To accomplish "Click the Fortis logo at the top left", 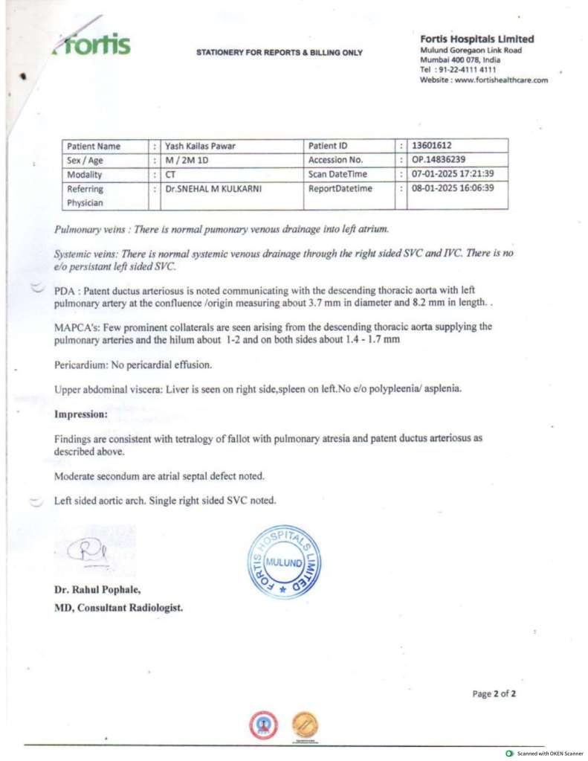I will [x=92, y=45].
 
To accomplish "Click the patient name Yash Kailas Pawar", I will [x=200, y=146].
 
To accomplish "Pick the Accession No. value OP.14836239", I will [x=439, y=160].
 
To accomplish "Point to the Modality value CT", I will [x=170, y=174].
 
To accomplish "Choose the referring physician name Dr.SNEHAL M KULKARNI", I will [x=213, y=188].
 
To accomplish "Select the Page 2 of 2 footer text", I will [x=494, y=693].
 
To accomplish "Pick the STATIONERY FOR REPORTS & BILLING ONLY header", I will [x=280, y=53].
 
